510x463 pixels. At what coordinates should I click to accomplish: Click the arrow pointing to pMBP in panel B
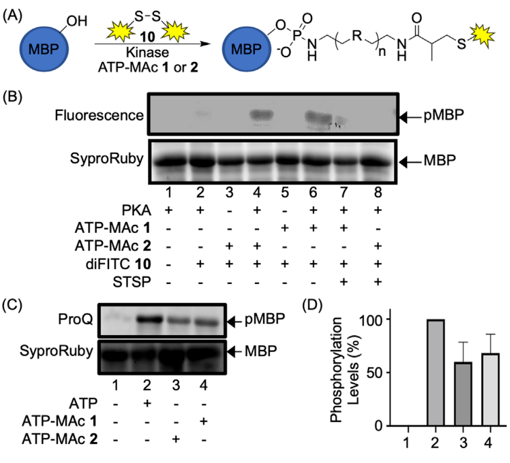(x=408, y=117)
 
